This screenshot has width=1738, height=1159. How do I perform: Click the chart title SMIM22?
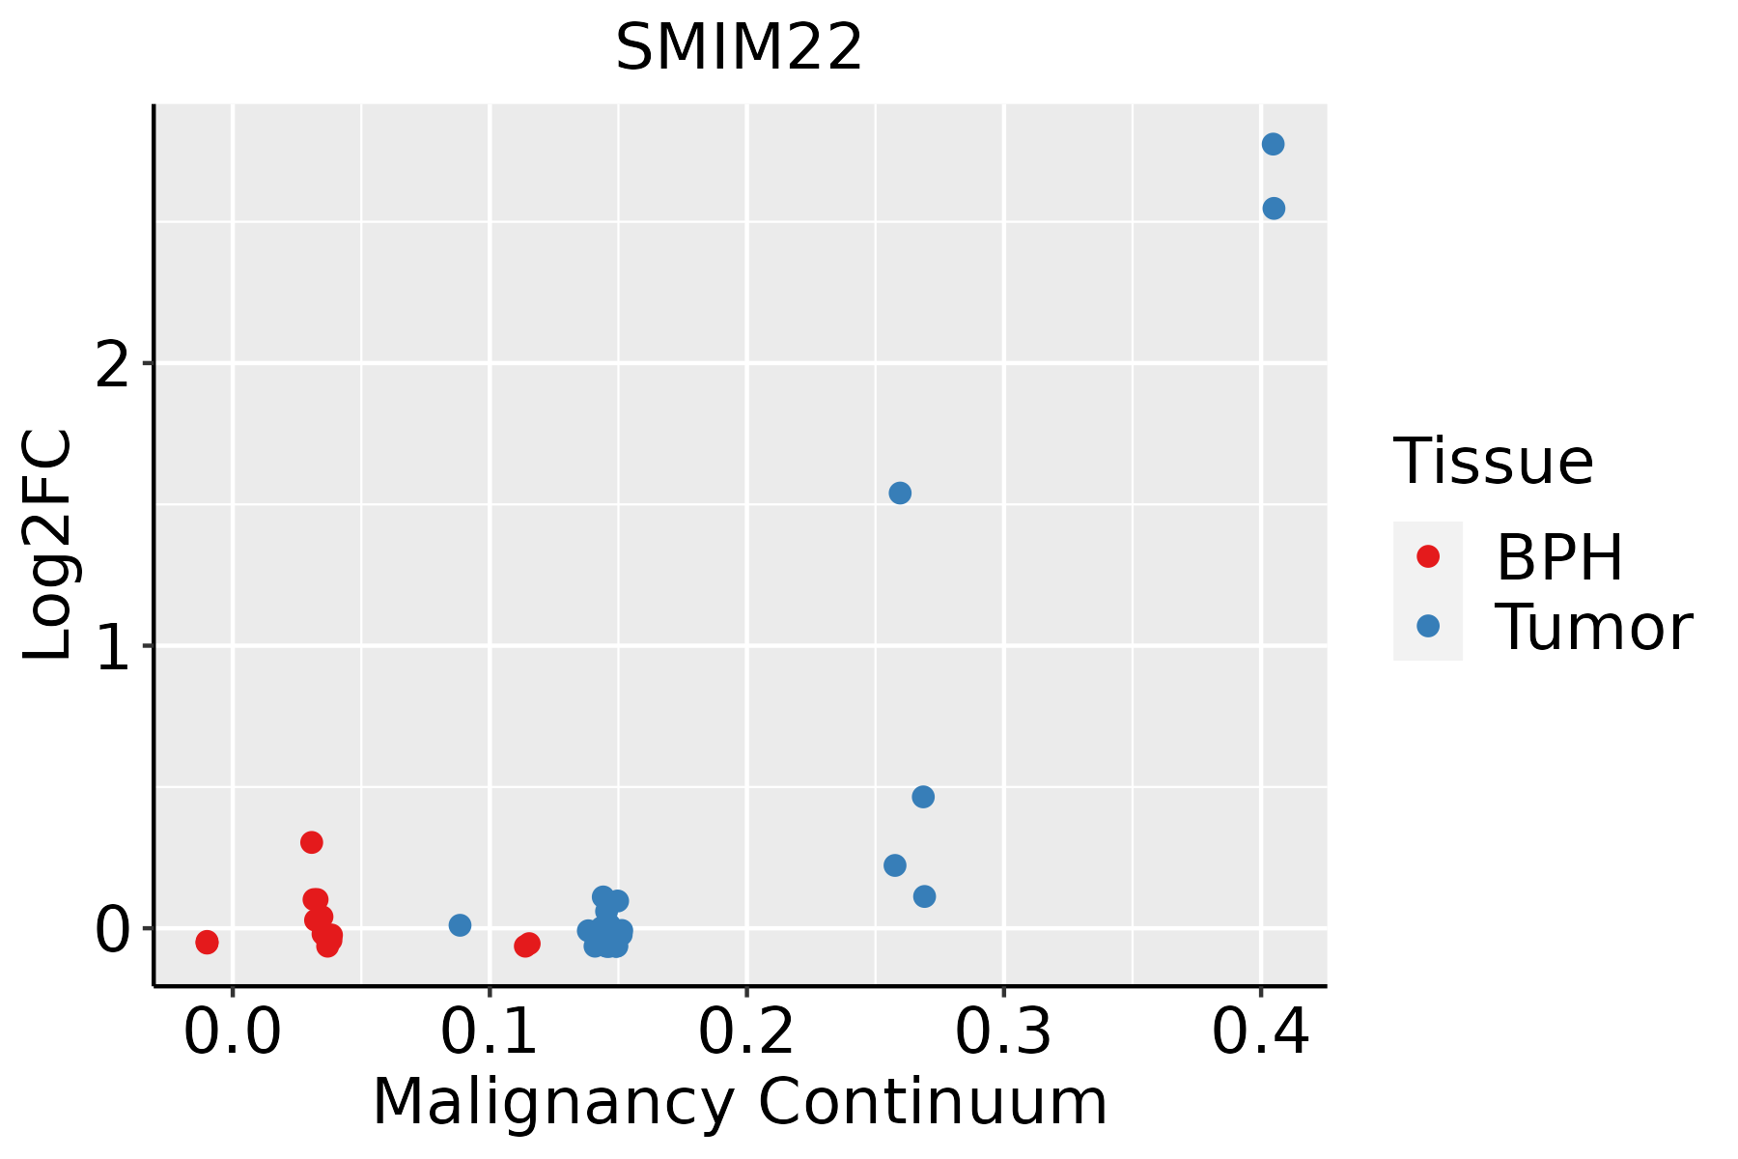pos(739,48)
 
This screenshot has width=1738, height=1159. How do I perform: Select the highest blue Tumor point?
pos(1273,144)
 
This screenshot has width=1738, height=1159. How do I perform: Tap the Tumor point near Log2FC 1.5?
pos(899,493)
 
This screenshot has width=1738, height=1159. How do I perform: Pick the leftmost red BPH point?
pos(207,942)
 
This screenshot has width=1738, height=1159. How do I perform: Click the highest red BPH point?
pos(311,842)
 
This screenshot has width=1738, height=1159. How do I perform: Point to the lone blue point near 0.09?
pos(460,925)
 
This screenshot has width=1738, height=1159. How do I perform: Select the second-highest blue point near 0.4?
pos(1274,209)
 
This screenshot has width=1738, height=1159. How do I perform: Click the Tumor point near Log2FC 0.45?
pos(923,797)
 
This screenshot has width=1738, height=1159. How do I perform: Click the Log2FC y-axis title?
pos(48,546)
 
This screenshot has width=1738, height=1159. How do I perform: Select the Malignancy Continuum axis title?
pos(740,1102)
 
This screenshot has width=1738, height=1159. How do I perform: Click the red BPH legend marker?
pos(1427,556)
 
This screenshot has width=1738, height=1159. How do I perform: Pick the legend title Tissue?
pos(1493,462)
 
